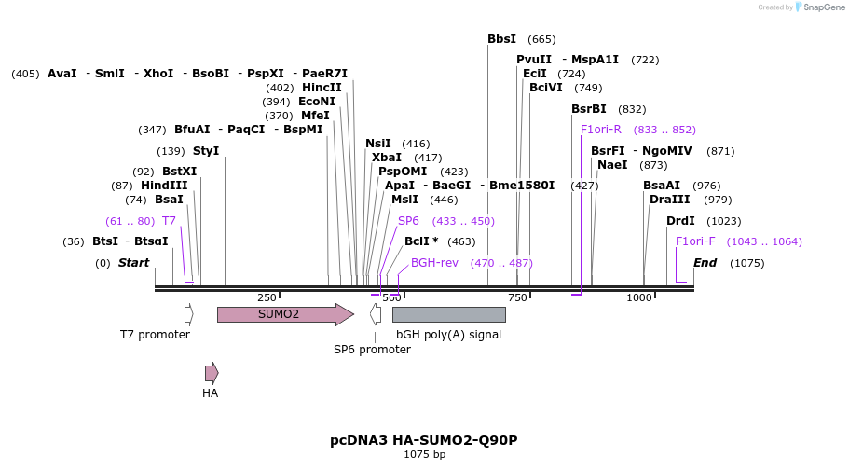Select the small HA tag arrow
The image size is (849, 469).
pyautogui.click(x=212, y=373)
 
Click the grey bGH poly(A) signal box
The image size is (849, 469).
pyautogui.click(x=448, y=314)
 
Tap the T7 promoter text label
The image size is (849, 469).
pyautogui.click(x=155, y=334)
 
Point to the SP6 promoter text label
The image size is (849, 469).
pyautogui.click(x=372, y=350)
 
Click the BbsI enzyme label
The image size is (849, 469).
pyautogui.click(x=501, y=39)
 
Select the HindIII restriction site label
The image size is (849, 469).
pyautogui.click(x=164, y=186)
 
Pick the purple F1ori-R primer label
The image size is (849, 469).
pyautogui.click(x=600, y=130)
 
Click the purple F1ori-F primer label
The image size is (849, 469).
pyautogui.click(x=695, y=241)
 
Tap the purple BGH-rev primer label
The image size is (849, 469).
pyautogui.click(x=434, y=263)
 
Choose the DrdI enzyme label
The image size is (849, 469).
pyautogui.click(x=680, y=221)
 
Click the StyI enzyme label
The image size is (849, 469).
pyautogui.click(x=206, y=151)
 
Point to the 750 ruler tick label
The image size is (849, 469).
pyautogui.click(x=517, y=297)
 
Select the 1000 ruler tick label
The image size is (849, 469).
pyautogui.click(x=639, y=297)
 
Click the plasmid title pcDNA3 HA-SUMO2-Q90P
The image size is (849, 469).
pyautogui.click(x=423, y=439)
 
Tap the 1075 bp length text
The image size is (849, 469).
pyautogui.click(x=424, y=455)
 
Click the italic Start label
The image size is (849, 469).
pyautogui.click(x=133, y=263)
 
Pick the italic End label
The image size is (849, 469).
pyautogui.click(x=705, y=263)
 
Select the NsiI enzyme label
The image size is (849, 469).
pyautogui.click(x=378, y=144)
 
